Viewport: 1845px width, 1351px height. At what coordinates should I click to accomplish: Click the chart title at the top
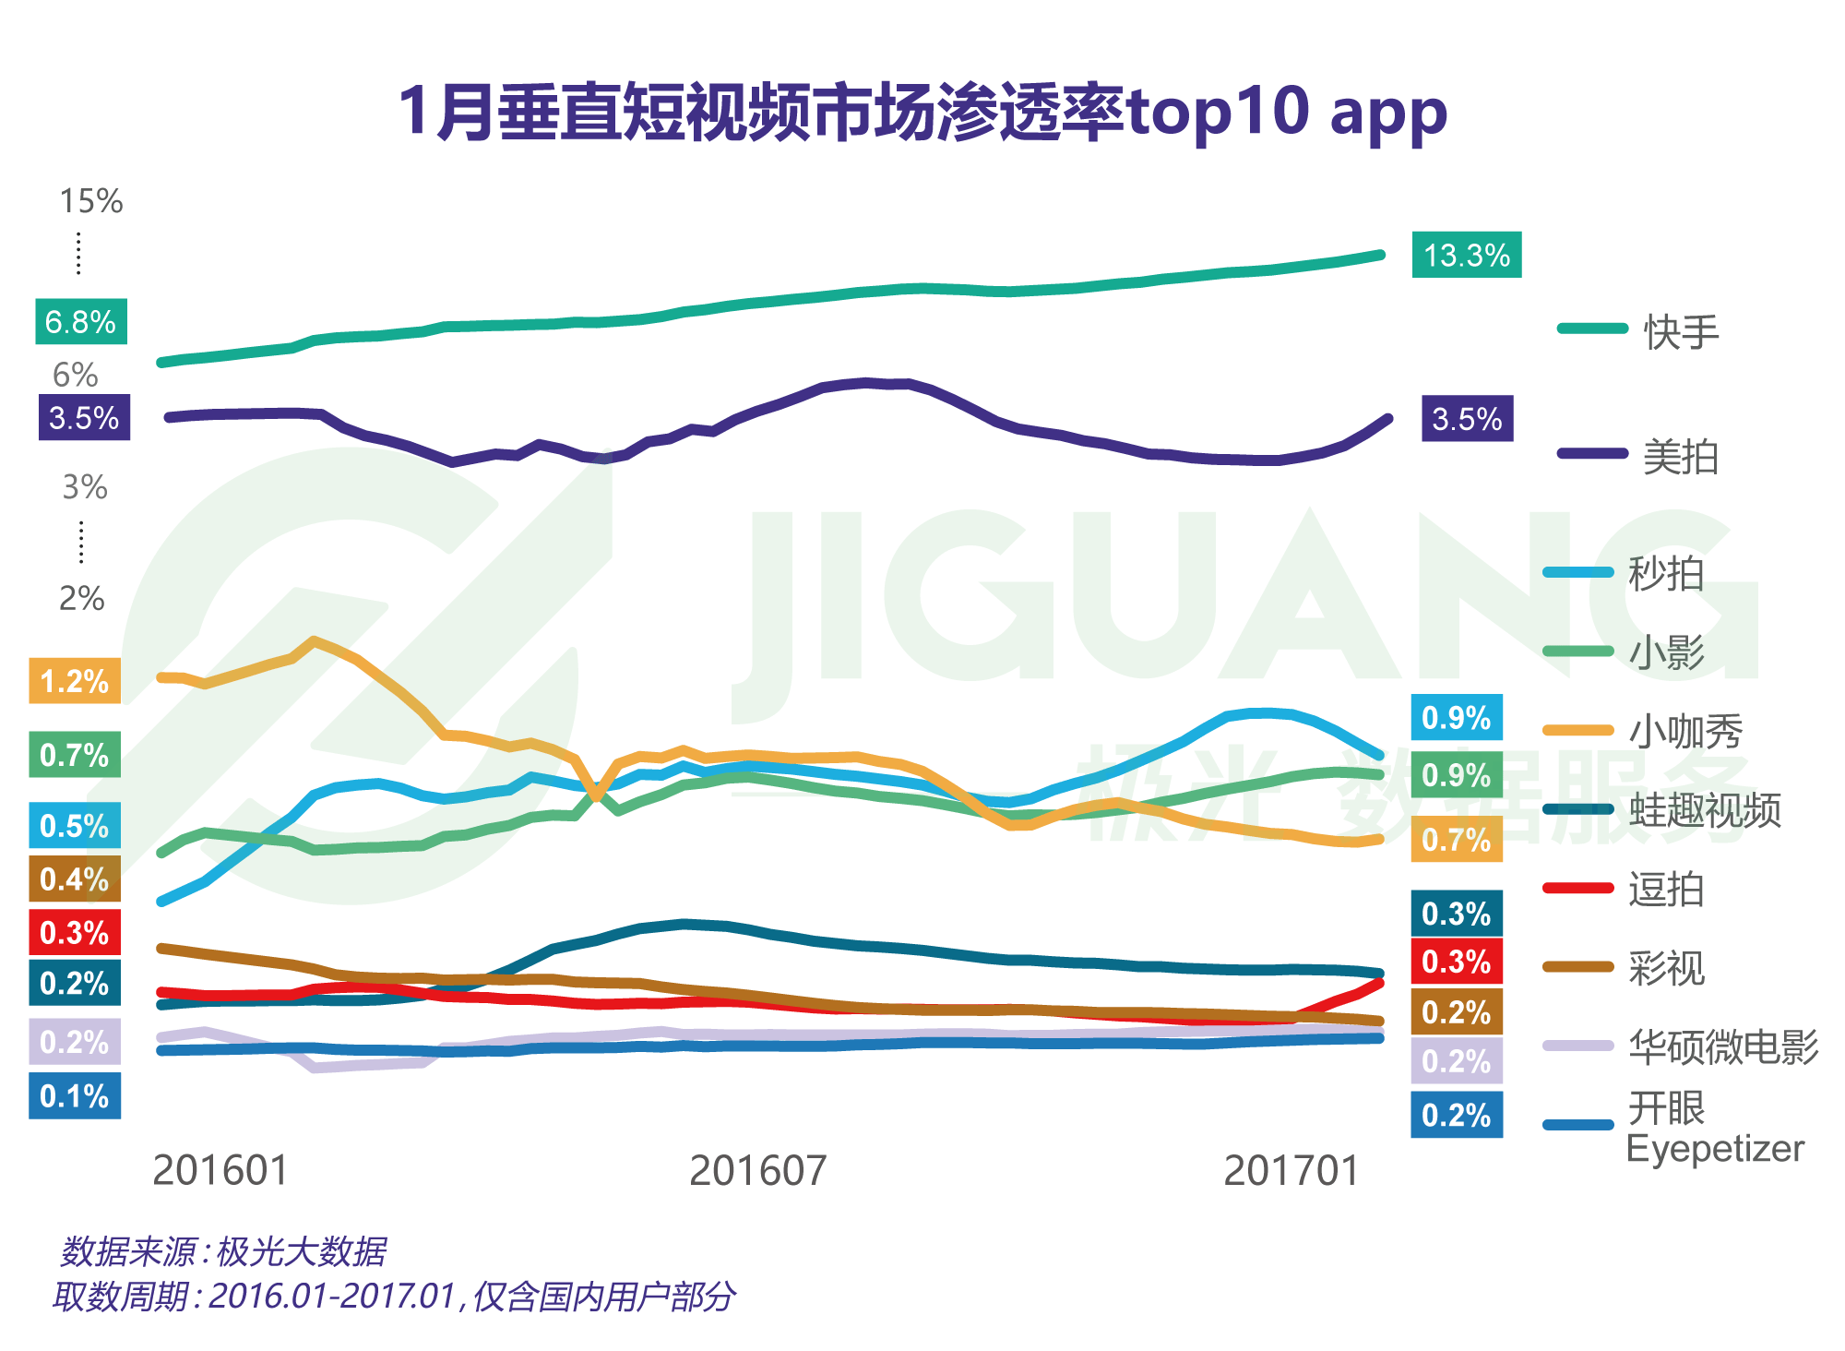(922, 112)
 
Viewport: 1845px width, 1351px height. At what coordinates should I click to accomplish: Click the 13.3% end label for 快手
(1466, 255)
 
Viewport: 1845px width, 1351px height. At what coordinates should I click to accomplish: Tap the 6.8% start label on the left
(80, 322)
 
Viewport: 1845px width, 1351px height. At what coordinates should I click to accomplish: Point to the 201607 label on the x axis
(757, 1171)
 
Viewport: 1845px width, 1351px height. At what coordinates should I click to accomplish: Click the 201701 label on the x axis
(1291, 1171)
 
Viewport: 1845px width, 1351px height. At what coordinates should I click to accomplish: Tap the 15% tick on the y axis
(90, 201)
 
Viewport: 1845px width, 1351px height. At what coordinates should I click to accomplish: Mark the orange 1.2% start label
(75, 681)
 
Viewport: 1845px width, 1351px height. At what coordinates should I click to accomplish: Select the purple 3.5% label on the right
(1467, 419)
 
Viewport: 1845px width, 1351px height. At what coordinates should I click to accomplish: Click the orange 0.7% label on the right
(1456, 840)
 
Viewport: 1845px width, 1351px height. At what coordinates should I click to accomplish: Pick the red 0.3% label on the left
(75, 932)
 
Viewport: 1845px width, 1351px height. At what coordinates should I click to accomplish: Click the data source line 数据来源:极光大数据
(223, 1251)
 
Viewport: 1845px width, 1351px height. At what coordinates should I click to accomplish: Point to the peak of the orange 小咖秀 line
(315, 640)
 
